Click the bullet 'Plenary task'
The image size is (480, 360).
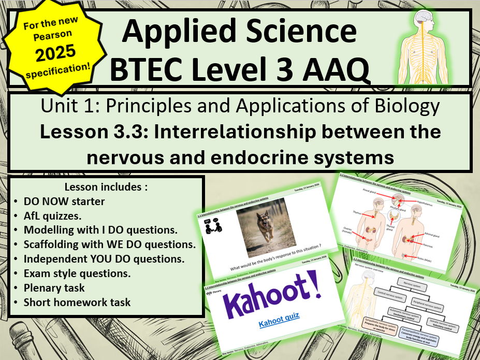(54, 287)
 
